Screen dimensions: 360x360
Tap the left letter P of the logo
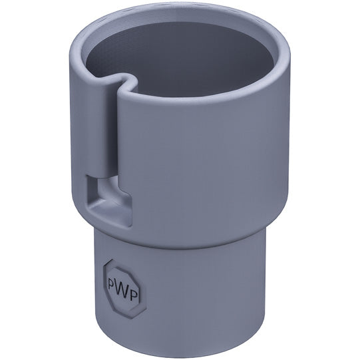click(112, 282)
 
